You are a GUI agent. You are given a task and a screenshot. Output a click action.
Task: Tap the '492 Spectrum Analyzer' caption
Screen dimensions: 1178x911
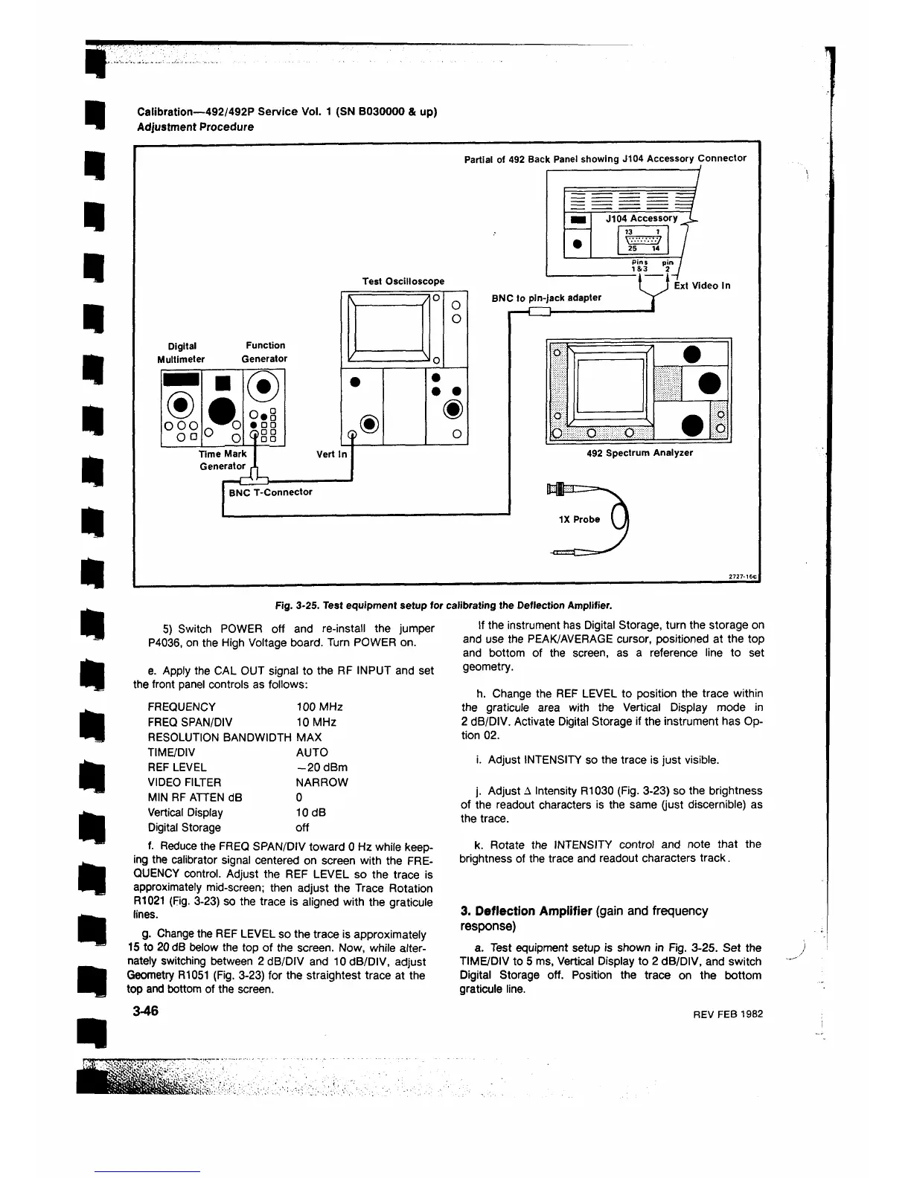[639, 453]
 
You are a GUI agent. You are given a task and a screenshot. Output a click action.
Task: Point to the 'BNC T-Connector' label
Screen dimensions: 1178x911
[271, 492]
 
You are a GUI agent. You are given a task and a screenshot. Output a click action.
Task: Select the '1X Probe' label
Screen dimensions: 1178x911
[579, 520]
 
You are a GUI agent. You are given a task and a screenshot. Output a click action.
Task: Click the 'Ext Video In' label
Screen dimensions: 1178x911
[702, 286]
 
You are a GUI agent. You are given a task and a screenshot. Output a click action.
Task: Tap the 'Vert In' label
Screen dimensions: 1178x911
[331, 454]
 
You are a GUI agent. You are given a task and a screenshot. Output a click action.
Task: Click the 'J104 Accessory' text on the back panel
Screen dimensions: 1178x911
[641, 219]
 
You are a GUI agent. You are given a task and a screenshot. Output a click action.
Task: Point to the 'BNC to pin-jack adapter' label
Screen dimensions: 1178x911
[546, 298]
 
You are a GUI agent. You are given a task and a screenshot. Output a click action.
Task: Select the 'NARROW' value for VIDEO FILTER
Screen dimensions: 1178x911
[322, 782]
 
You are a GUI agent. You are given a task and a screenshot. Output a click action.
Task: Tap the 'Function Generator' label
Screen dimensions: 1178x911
[265, 352]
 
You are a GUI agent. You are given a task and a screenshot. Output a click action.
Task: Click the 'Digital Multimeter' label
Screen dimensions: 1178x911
[182, 352]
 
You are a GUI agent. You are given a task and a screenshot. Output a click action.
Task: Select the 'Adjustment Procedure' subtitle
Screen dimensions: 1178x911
[195, 127]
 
